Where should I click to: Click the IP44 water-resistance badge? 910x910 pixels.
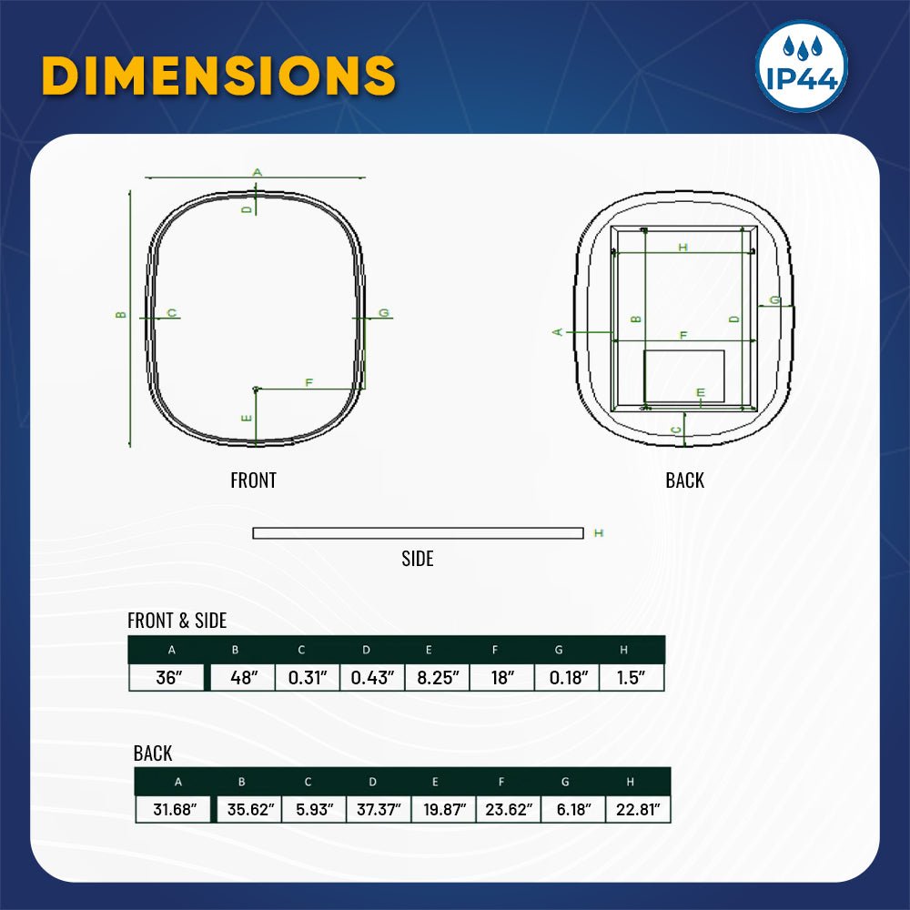point(802,66)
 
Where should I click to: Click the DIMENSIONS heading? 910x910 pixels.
point(218,76)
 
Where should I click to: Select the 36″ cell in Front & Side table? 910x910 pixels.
point(167,677)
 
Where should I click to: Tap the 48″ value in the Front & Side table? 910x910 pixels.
point(243,677)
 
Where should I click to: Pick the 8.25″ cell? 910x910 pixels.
point(437,677)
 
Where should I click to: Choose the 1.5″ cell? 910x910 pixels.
point(632,677)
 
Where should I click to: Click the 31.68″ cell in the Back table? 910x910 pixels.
point(174,809)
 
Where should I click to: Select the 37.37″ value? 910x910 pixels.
point(379,809)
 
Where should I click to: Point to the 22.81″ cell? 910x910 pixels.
point(638,809)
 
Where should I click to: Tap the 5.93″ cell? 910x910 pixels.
point(314,809)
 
